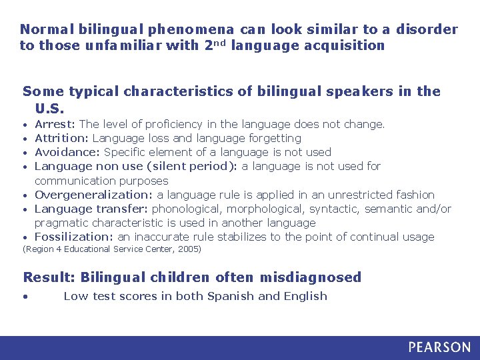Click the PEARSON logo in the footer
point(439,347)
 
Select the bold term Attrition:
point(62,138)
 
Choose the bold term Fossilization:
point(74,237)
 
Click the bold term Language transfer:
point(91,209)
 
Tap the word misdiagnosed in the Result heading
point(311,277)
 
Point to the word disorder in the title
point(427,29)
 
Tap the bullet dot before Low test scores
point(25,297)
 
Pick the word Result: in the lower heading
point(49,277)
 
